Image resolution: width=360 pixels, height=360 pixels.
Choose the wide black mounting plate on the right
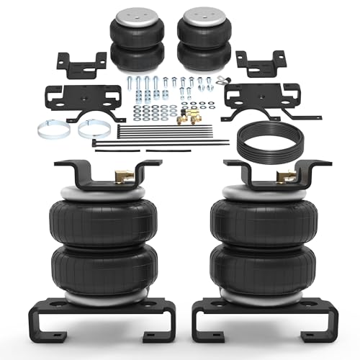point(252,98)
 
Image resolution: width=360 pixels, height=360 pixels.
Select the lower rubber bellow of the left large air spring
point(98,270)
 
